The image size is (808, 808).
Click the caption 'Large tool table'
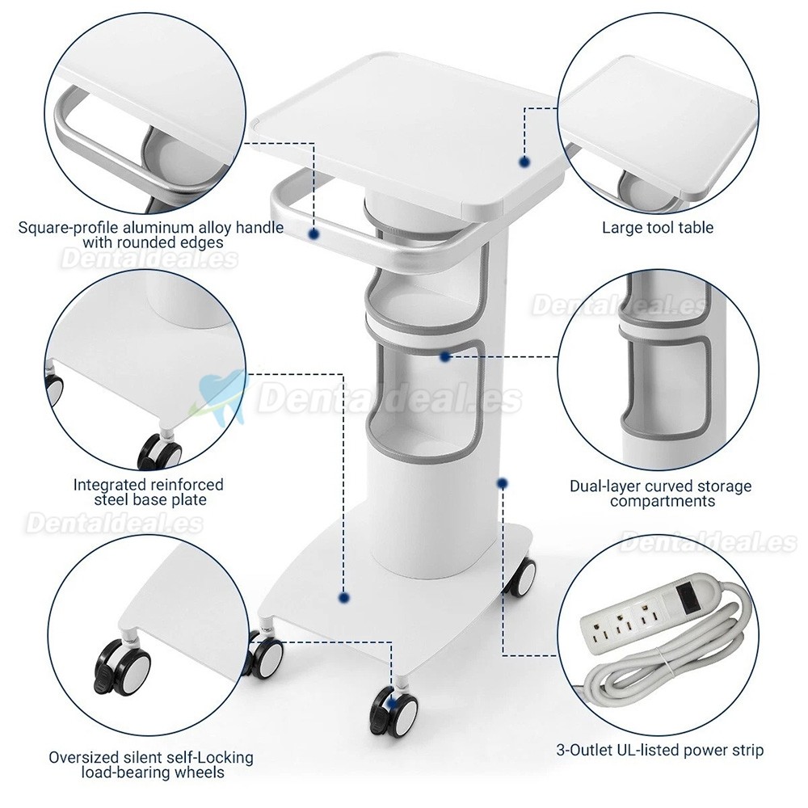click(658, 228)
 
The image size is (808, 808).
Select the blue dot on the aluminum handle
click(314, 234)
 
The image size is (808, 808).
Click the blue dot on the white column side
click(503, 483)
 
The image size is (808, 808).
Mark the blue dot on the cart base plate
click(345, 598)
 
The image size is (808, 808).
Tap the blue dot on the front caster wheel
click(392, 705)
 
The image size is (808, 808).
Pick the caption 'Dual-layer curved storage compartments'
click(661, 494)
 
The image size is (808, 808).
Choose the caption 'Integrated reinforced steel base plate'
click(149, 492)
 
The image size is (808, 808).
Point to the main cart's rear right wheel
click(521, 577)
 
